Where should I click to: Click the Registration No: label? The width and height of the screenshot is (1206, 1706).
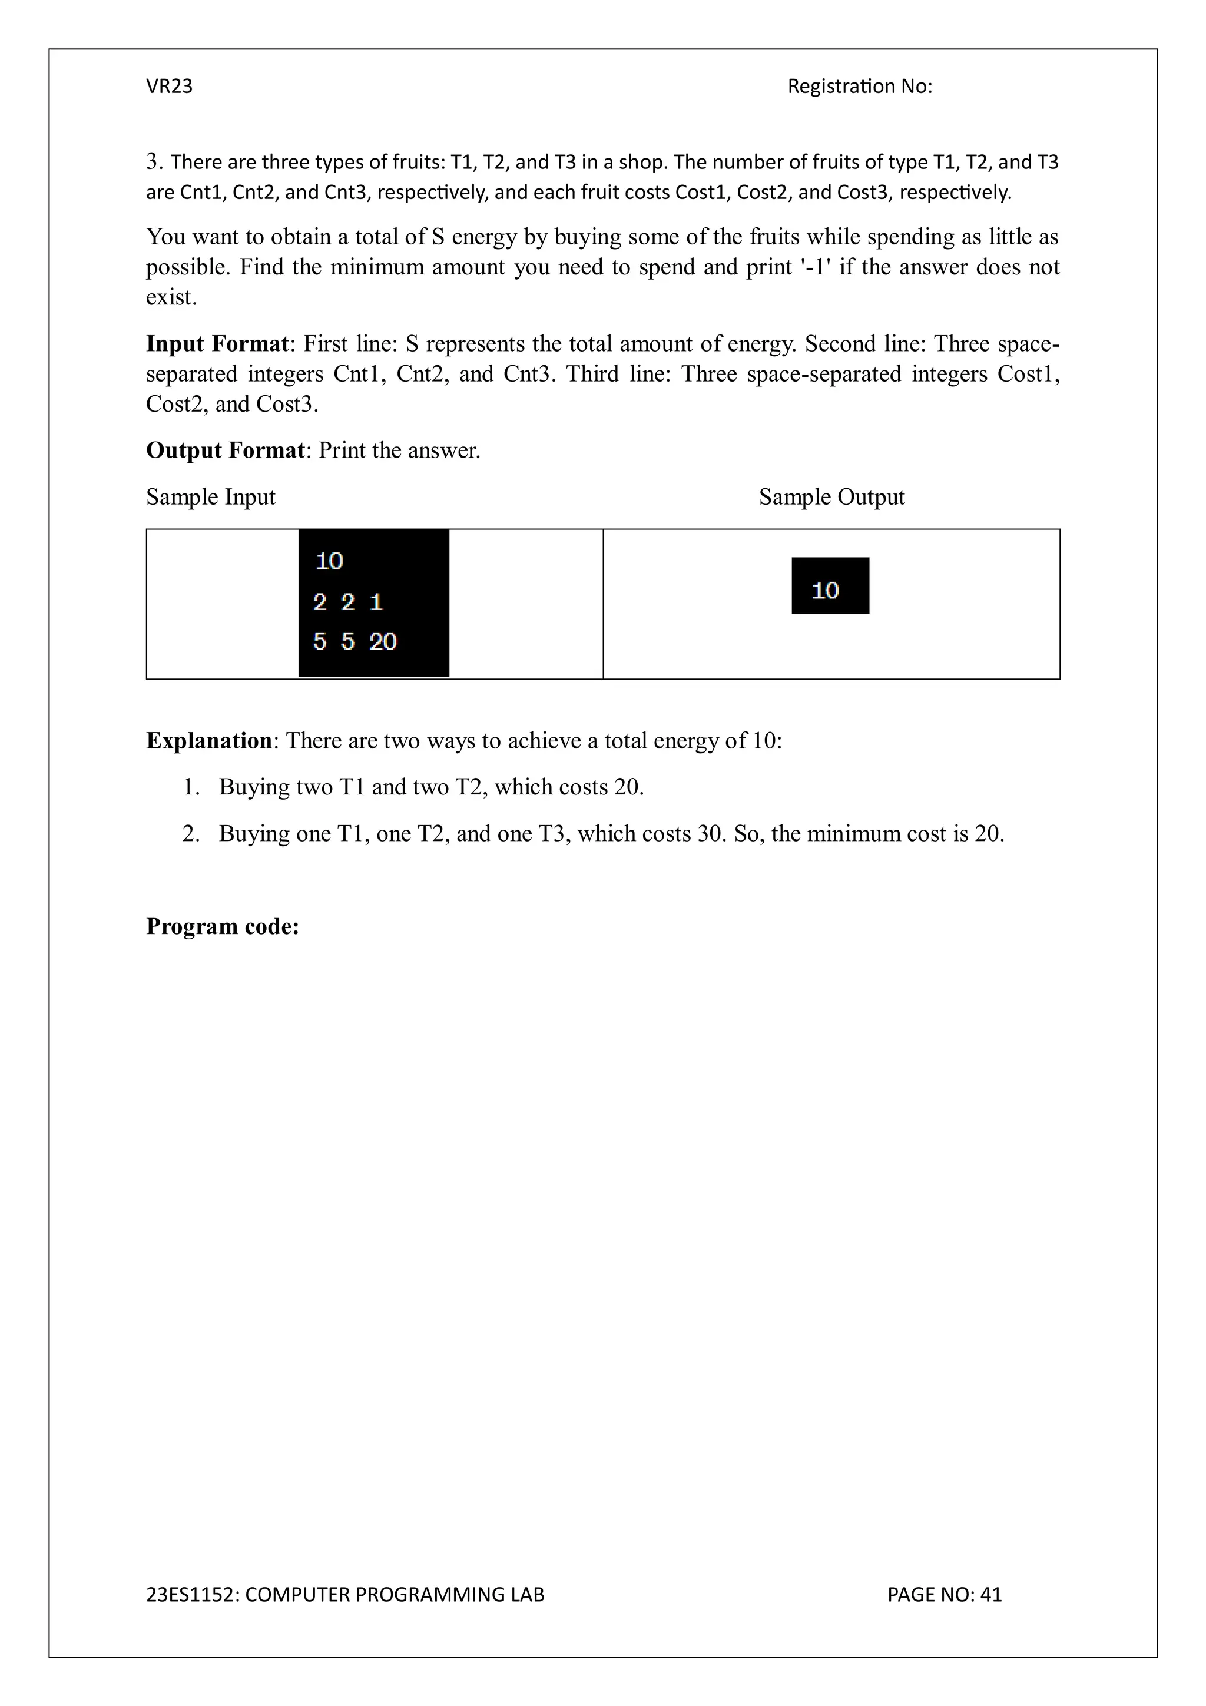[x=859, y=86]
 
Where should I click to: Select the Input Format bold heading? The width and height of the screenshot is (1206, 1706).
[x=217, y=343]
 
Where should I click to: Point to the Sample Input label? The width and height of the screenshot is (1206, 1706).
[x=210, y=496]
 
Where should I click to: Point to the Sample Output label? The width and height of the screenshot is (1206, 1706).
[x=831, y=496]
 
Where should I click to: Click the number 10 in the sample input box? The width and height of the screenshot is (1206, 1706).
[x=329, y=561]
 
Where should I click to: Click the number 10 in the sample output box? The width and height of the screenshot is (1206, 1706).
[x=825, y=590]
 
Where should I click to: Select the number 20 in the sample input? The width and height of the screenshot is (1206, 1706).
[x=383, y=641]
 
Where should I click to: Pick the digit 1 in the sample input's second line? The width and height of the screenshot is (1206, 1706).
[x=376, y=601]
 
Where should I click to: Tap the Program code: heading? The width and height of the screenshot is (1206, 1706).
[x=222, y=926]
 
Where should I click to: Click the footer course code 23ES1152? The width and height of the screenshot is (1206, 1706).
[x=190, y=1595]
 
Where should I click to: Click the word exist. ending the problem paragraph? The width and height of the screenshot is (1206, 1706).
[x=171, y=297]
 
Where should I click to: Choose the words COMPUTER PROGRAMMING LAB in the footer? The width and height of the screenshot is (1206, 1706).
[x=395, y=1595]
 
